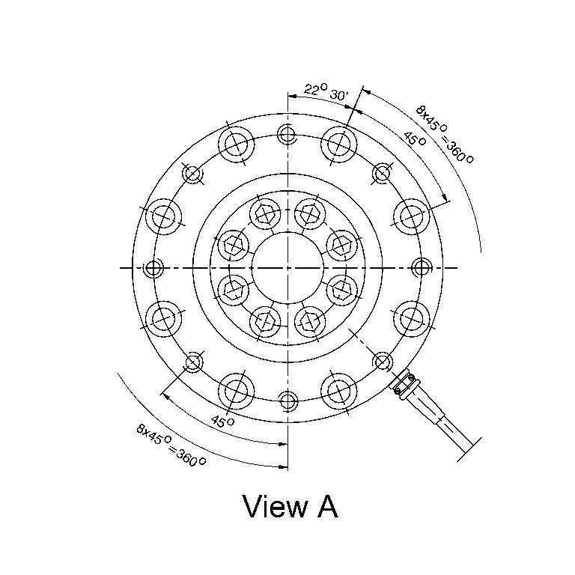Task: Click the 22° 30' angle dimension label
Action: click(x=325, y=92)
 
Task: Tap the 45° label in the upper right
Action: click(x=415, y=139)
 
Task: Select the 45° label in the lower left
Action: click(x=222, y=422)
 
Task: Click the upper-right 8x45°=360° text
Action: click(x=445, y=135)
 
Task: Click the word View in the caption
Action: click(x=275, y=506)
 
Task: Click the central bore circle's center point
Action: click(x=287, y=268)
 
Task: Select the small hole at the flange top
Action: click(x=287, y=134)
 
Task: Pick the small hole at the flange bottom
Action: click(x=287, y=400)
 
